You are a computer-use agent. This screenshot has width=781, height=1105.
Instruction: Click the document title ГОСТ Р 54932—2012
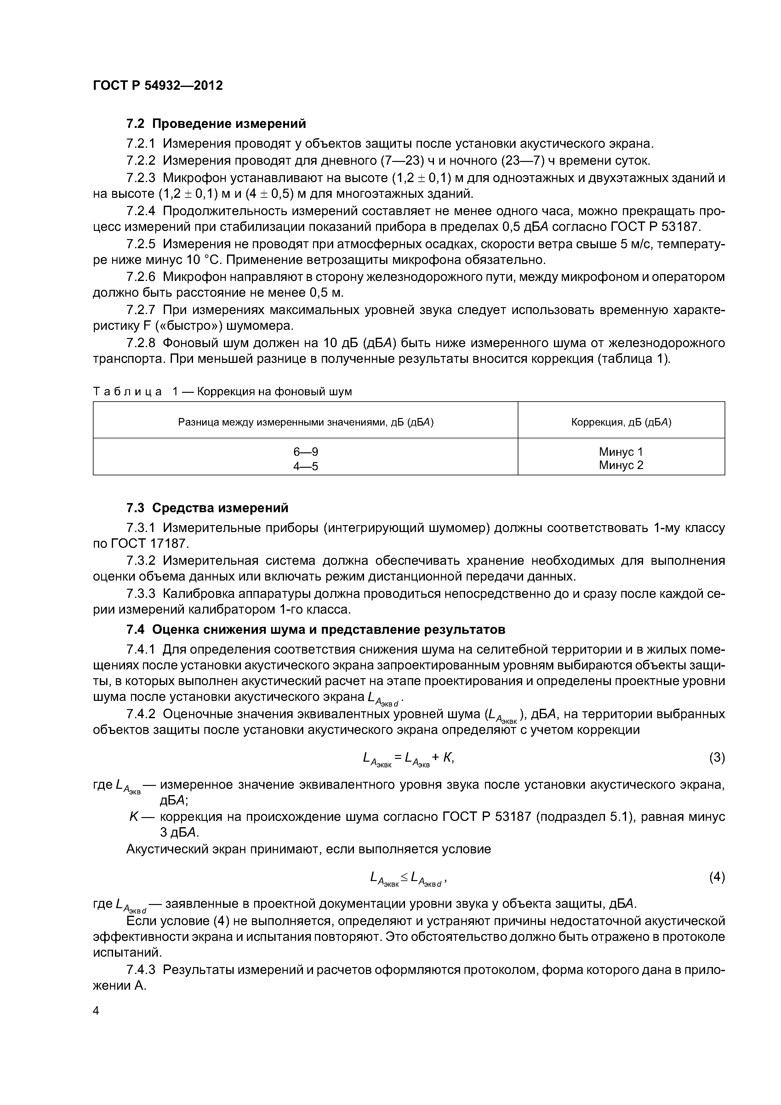pos(158,86)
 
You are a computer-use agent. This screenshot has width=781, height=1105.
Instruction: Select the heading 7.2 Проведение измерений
pos(216,124)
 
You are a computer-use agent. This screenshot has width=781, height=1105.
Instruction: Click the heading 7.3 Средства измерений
pos(208,508)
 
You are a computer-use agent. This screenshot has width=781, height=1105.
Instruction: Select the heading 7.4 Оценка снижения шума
pos(316,629)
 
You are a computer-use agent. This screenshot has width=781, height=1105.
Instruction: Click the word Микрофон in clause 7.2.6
pos(194,277)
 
